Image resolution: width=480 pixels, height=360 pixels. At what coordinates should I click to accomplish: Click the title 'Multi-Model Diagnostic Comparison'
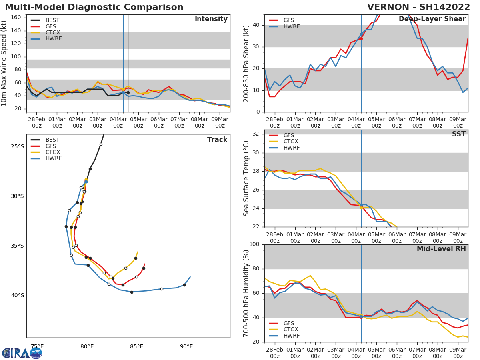[x=94, y=7]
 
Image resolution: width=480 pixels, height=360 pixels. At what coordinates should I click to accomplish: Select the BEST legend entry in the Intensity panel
[x=52, y=20]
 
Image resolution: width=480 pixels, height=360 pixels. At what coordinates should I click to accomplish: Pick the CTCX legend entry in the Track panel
[x=53, y=152]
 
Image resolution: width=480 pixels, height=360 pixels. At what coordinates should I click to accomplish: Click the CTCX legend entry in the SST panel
[x=291, y=142]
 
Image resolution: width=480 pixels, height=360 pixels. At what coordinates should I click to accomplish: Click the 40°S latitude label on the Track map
[x=17, y=296]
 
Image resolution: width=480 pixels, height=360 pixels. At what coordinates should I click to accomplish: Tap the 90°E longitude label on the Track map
[x=186, y=346]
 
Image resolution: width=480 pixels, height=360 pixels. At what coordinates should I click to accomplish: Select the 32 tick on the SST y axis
[x=255, y=134]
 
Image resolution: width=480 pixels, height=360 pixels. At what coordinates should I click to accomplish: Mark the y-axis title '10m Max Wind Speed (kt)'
[x=4, y=63]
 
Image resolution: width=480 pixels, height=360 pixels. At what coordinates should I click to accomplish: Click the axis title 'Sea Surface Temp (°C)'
[x=246, y=178]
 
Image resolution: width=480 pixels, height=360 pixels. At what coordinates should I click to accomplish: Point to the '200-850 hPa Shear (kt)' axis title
[x=246, y=63]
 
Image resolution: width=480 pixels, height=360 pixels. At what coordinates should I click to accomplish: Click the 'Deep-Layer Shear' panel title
[x=432, y=19]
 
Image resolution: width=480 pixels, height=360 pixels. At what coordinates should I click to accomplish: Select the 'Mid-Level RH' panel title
[x=441, y=249]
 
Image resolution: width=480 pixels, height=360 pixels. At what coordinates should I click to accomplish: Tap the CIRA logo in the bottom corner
[x=22, y=353]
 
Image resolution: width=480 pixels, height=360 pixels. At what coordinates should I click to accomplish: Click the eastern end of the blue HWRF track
[x=190, y=277]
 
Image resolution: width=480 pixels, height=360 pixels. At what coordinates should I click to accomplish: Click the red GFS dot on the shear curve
[x=361, y=38]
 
